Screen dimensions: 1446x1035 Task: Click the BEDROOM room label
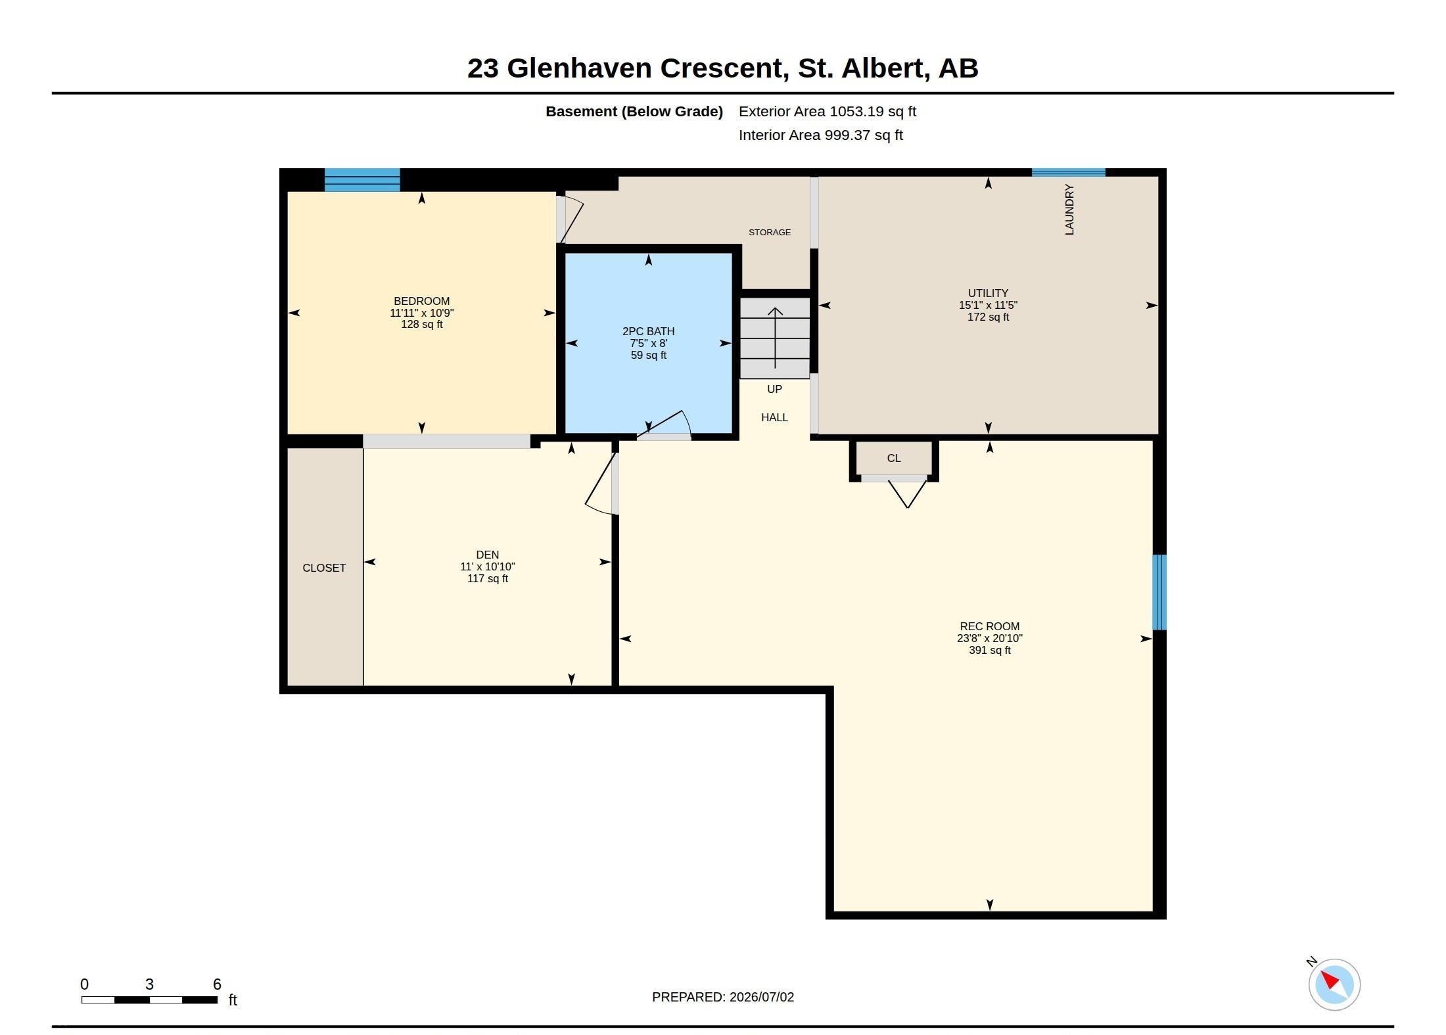click(x=421, y=301)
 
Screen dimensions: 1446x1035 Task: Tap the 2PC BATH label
click(x=648, y=331)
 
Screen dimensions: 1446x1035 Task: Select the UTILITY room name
click(x=988, y=293)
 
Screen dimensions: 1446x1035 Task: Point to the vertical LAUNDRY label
click(x=1069, y=210)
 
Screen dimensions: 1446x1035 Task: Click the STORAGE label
click(x=770, y=232)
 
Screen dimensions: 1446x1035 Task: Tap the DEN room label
click(x=487, y=555)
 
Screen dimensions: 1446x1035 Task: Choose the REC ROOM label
click(x=989, y=626)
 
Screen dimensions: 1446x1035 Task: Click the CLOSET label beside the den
click(x=324, y=568)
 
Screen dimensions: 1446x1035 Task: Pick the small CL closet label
click(x=894, y=458)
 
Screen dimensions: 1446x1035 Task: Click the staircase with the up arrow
click(x=775, y=338)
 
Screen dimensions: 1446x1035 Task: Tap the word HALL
click(x=774, y=417)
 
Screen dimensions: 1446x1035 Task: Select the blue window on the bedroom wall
click(x=362, y=180)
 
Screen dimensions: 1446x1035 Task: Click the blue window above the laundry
click(x=1069, y=173)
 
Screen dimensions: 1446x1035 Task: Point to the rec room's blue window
click(x=1159, y=592)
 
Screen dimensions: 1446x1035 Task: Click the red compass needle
click(x=1330, y=981)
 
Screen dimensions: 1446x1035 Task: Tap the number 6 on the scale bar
click(x=217, y=984)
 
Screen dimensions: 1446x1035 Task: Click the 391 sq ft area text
click(x=989, y=650)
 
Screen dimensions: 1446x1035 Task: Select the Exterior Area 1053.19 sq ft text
click(x=828, y=112)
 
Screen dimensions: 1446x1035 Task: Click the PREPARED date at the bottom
click(x=723, y=997)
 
